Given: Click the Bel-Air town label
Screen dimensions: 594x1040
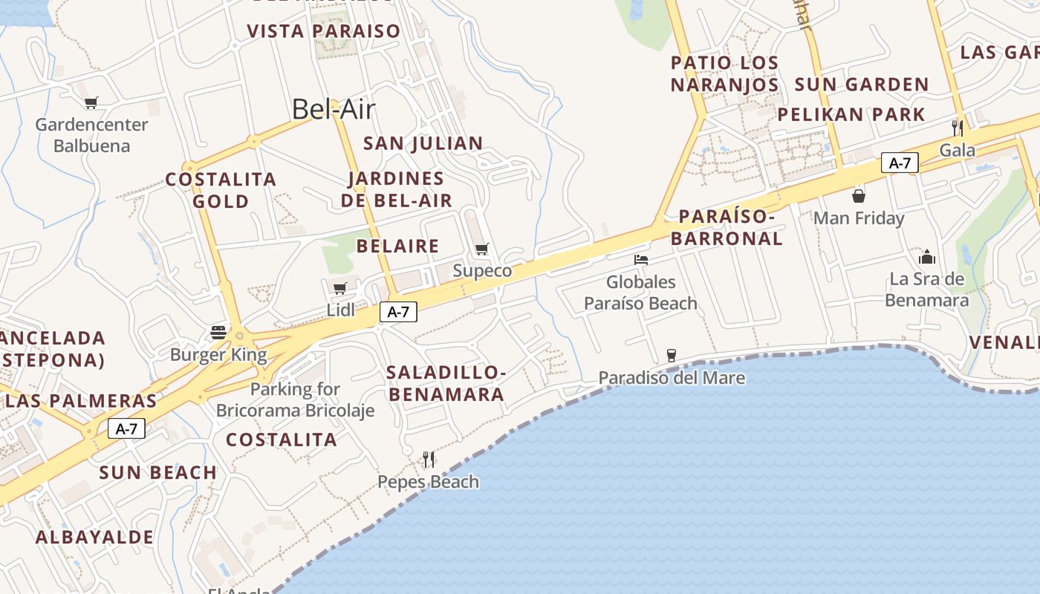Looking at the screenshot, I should pyautogui.click(x=334, y=109).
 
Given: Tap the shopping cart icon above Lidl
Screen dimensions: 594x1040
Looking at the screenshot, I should pyautogui.click(x=339, y=288).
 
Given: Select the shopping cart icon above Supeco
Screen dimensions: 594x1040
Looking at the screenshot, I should pyautogui.click(x=482, y=249).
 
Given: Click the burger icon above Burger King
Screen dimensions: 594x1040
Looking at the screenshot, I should pyautogui.click(x=218, y=332).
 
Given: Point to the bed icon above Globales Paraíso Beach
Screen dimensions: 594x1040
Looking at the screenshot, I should pyautogui.click(x=641, y=260).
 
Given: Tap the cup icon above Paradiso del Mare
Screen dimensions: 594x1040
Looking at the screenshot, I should pyautogui.click(x=672, y=355).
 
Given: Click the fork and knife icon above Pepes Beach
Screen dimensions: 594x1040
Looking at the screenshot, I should pyautogui.click(x=429, y=460).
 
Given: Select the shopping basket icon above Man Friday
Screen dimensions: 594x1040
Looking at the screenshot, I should pyautogui.click(x=859, y=196).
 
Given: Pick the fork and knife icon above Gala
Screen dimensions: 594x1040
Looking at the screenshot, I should pyautogui.click(x=958, y=128).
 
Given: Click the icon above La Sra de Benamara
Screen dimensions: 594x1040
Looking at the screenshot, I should pyautogui.click(x=927, y=257).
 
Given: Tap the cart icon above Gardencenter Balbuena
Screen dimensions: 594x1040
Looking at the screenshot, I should pyautogui.click(x=91, y=102).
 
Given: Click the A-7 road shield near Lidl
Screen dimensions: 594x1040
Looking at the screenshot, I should pyautogui.click(x=398, y=312).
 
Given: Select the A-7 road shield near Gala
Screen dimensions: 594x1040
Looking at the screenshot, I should pyautogui.click(x=900, y=163).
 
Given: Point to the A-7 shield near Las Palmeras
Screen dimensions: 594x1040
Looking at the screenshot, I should pyautogui.click(x=126, y=428).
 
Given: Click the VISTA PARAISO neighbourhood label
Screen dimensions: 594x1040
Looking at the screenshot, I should pyautogui.click(x=324, y=31).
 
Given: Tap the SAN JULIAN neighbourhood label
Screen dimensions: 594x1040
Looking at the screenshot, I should pyautogui.click(x=423, y=143).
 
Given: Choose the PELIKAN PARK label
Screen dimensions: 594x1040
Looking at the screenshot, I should pyautogui.click(x=851, y=115).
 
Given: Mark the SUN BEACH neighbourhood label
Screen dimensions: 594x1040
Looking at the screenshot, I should pyautogui.click(x=157, y=472).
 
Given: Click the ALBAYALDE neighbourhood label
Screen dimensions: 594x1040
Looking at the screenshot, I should pyautogui.click(x=95, y=537).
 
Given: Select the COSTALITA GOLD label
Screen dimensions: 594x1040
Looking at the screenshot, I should pyautogui.click(x=221, y=190).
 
